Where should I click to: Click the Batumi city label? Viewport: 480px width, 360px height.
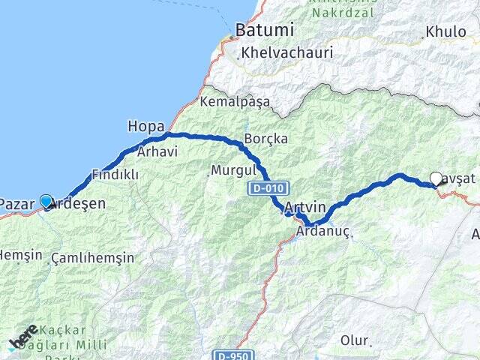click(264, 31)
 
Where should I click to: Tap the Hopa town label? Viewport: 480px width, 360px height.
click(144, 126)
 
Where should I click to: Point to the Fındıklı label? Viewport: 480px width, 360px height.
click(115, 174)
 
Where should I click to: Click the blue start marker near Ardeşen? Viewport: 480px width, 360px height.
click(46, 201)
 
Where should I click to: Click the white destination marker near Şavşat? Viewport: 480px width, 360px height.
click(436, 178)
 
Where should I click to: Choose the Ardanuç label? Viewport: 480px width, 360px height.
click(323, 232)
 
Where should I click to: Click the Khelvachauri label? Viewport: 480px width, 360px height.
click(286, 53)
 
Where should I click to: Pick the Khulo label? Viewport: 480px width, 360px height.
click(445, 32)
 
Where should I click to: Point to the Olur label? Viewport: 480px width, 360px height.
click(355, 340)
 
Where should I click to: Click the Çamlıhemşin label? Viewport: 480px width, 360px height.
click(93, 258)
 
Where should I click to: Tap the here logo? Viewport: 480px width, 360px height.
click(23, 337)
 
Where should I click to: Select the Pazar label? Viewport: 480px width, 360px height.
click(16, 204)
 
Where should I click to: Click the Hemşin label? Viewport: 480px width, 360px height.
click(21, 255)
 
